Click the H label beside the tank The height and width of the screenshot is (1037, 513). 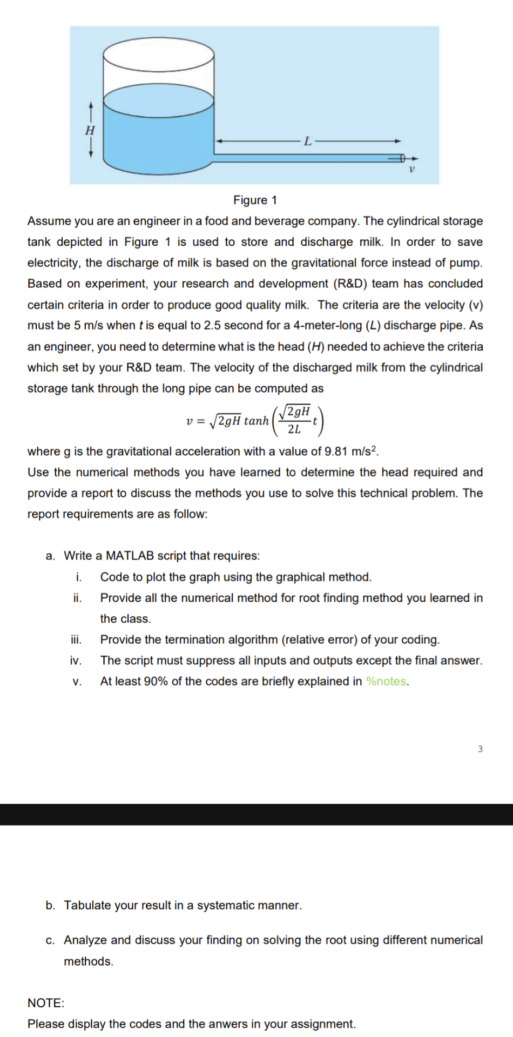click(x=90, y=130)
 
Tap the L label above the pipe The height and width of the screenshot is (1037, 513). click(x=307, y=142)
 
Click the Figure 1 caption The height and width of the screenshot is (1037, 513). click(x=255, y=200)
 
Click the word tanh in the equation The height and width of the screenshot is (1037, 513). click(x=256, y=421)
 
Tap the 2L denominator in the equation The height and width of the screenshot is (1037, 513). click(x=294, y=430)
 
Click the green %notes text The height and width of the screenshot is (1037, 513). click(x=387, y=682)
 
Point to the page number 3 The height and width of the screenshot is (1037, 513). click(x=480, y=749)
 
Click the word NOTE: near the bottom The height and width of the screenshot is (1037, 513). click(x=46, y=1003)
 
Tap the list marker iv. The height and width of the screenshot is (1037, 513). click(x=76, y=661)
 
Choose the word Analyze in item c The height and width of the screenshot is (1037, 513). click(x=85, y=940)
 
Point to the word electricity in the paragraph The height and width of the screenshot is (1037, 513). click(x=53, y=263)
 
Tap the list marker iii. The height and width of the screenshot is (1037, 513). click(x=76, y=640)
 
